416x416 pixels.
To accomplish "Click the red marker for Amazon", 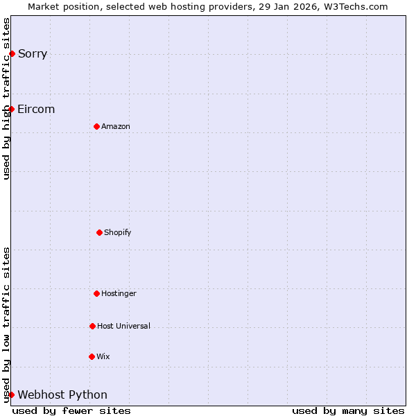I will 96,126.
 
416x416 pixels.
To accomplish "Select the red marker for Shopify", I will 99,232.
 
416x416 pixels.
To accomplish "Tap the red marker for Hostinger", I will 96,293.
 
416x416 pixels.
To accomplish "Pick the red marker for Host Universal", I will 92,326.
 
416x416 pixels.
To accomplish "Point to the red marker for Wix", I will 92,356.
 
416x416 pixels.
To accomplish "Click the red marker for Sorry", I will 12,53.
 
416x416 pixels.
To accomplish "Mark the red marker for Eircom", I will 11,109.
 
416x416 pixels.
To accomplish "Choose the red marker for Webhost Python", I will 11,395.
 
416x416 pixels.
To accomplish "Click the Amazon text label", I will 116,126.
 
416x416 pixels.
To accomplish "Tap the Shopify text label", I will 118,232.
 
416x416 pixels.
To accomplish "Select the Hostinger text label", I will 119,293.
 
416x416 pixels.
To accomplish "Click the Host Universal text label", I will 123,326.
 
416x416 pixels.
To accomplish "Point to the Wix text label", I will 103,356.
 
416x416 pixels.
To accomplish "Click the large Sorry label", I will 33,54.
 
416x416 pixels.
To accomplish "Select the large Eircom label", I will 36,110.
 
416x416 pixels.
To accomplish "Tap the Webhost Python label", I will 62,395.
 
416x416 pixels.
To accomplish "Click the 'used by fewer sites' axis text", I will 71,410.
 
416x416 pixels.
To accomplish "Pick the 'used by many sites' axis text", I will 348,410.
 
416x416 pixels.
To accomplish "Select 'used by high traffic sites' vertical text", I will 6,98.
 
